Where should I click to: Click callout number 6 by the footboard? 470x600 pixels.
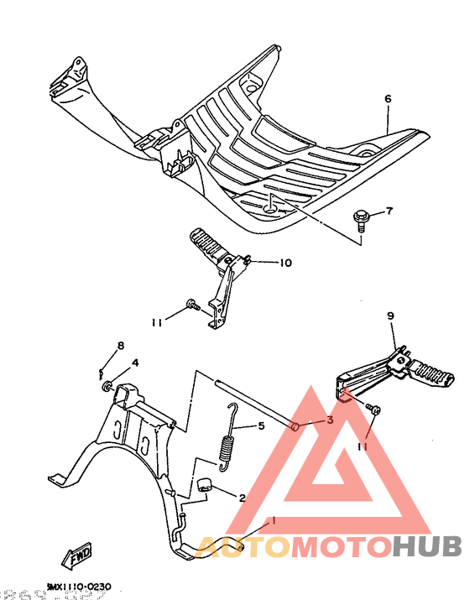(x=389, y=99)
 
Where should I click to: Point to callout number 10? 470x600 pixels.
(x=285, y=263)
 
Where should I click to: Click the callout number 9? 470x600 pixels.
(x=390, y=316)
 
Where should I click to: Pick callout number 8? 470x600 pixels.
(x=120, y=346)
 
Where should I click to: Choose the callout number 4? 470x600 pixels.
(x=134, y=363)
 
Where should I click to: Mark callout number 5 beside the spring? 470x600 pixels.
(x=261, y=426)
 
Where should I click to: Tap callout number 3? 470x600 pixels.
(x=330, y=420)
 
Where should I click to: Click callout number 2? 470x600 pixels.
(x=242, y=498)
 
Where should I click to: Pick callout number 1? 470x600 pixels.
(x=272, y=520)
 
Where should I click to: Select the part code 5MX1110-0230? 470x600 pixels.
(x=79, y=587)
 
